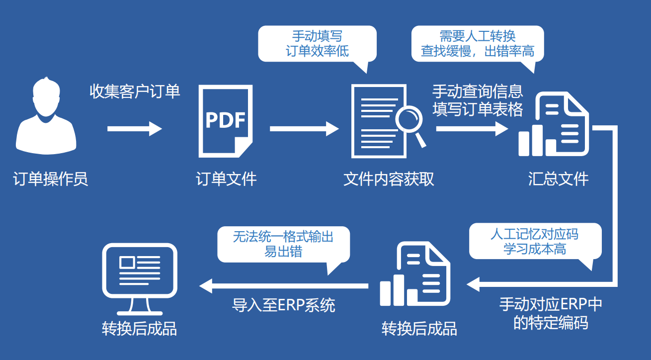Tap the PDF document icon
point(226,120)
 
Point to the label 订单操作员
point(51,179)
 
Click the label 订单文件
point(226,179)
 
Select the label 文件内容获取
point(389,179)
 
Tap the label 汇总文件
point(559,179)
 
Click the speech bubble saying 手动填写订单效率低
point(317,44)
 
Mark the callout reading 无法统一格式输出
point(283,244)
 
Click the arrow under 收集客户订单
point(135,129)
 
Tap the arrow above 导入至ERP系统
point(284,285)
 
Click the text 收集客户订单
point(135,91)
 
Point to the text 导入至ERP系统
point(284,305)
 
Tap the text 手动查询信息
point(478,91)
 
